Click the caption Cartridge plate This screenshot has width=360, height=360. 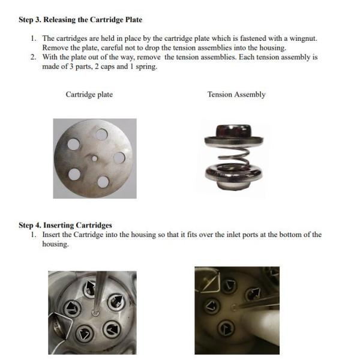(89, 95)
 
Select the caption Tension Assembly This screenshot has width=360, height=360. (236, 95)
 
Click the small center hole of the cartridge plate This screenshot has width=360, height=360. (95, 158)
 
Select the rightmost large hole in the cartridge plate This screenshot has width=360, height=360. (119, 158)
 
